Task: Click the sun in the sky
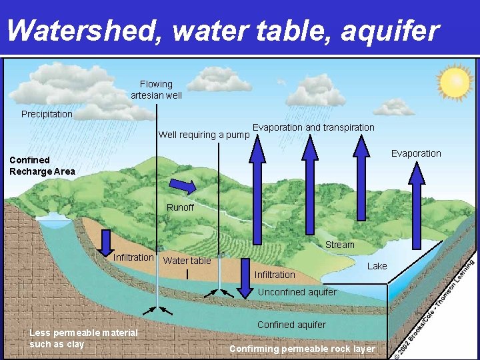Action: [x=455, y=83]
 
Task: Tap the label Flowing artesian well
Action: [x=156, y=90]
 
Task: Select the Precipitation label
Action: [x=47, y=114]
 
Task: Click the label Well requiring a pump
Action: [x=204, y=135]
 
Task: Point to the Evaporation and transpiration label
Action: [x=313, y=127]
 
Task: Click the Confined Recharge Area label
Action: [x=42, y=165]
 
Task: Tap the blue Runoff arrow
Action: [x=182, y=186]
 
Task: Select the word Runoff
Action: [x=180, y=207]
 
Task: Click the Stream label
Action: [x=340, y=245]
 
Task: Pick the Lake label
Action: [x=377, y=266]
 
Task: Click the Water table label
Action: [x=187, y=261]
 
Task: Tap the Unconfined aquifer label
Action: [x=297, y=292]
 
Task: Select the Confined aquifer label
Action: [x=291, y=325]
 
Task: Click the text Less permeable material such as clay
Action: [x=84, y=338]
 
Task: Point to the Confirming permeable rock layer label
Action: [x=302, y=349]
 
